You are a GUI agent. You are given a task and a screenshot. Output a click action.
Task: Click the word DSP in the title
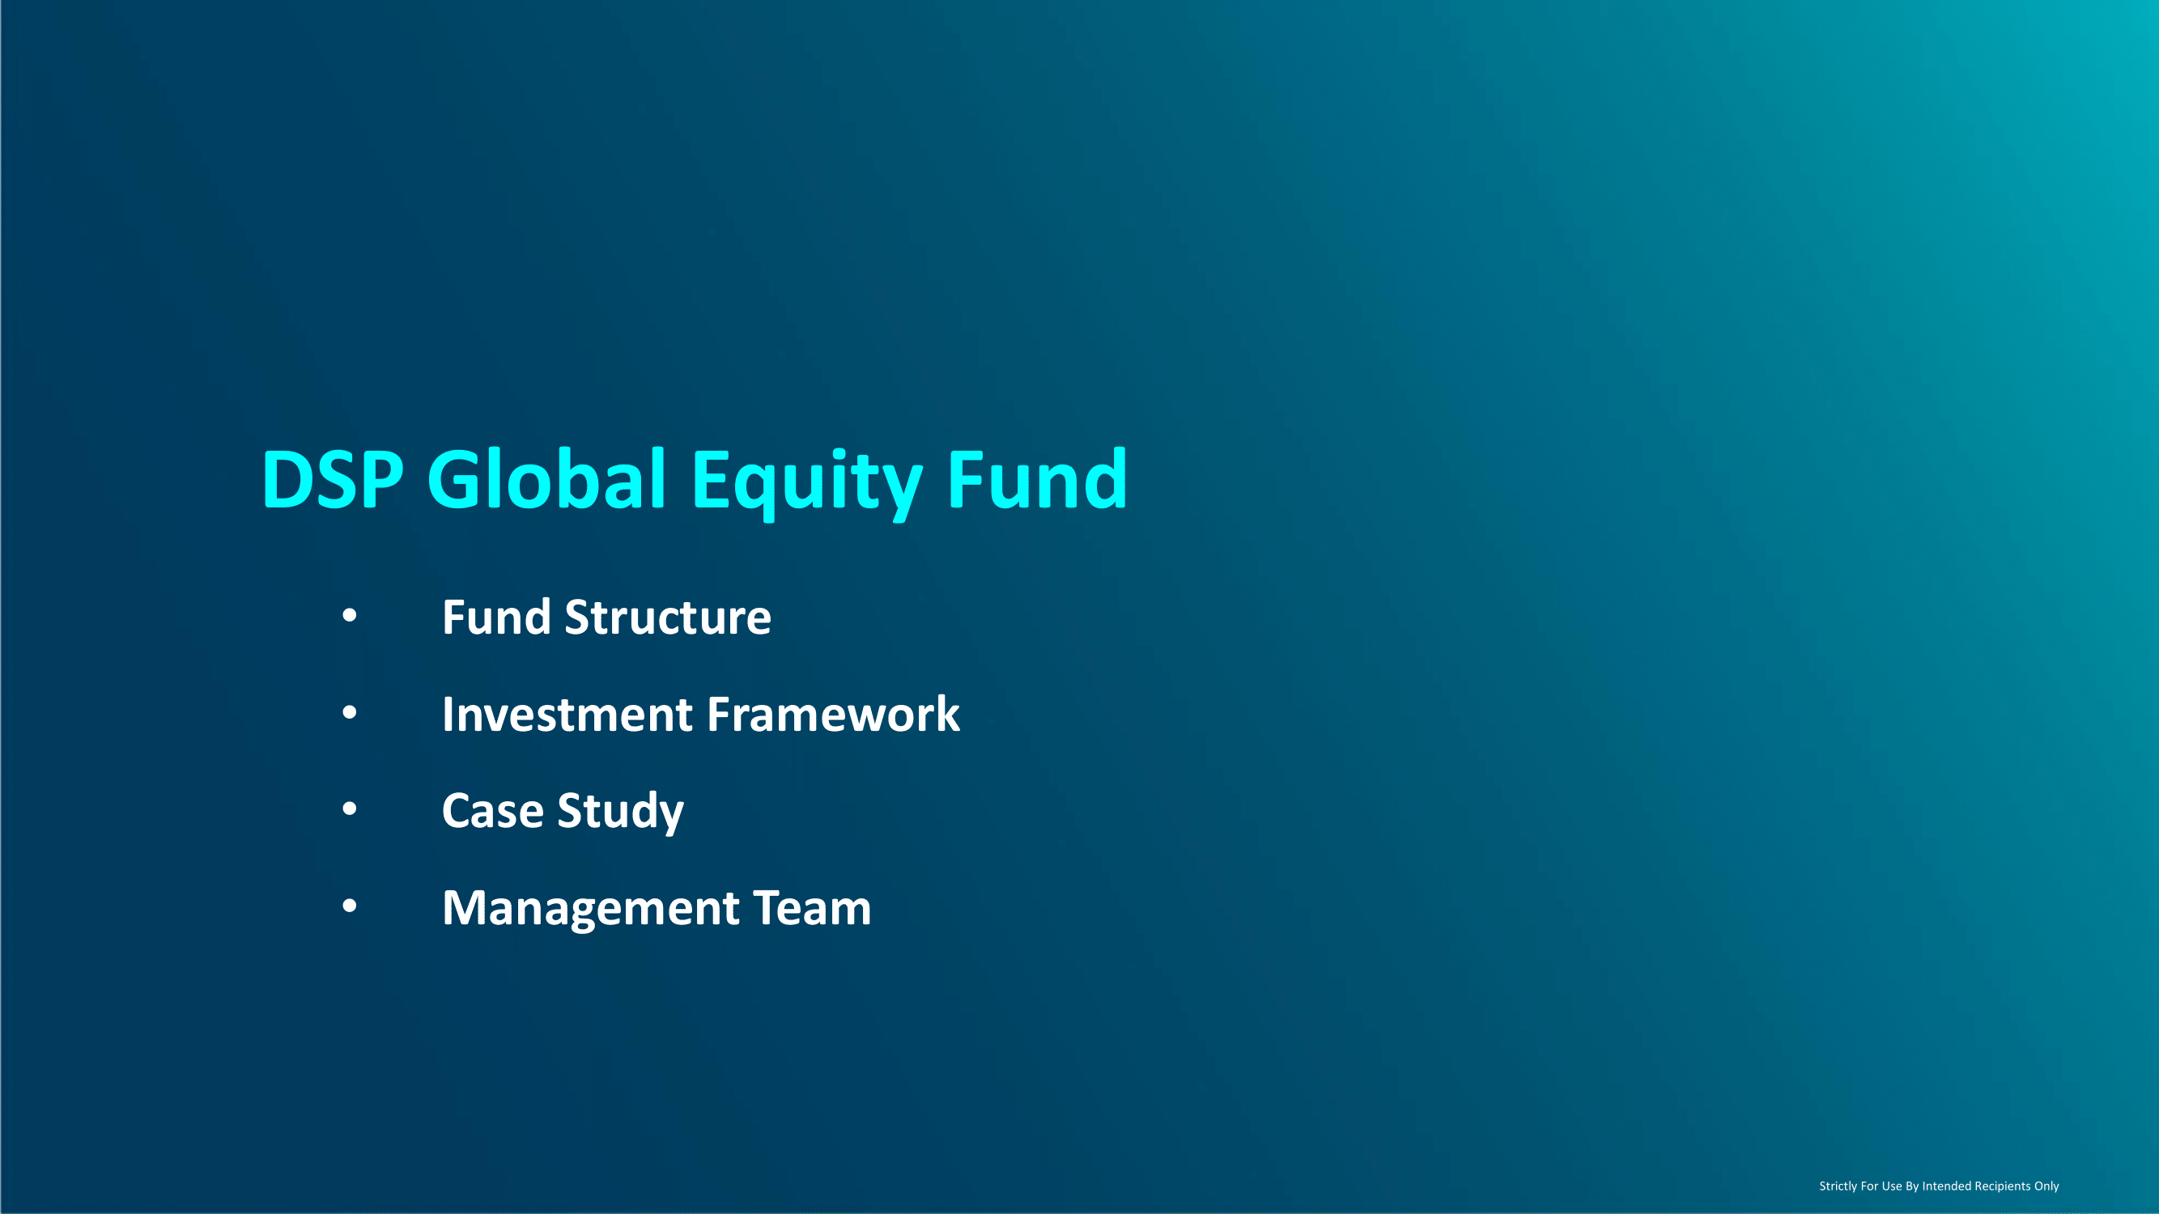[x=333, y=479]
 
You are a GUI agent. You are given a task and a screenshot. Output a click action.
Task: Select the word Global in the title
[x=546, y=478]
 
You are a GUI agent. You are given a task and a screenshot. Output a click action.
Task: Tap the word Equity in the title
[x=806, y=482]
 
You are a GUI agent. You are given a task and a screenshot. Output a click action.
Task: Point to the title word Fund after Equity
[x=1038, y=478]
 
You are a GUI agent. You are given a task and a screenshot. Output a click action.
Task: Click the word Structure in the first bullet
[x=668, y=618]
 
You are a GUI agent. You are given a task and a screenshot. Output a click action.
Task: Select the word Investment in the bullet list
[x=567, y=715]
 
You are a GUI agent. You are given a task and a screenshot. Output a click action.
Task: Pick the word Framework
[x=833, y=715]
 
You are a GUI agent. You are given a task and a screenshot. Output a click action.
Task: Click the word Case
[x=493, y=811]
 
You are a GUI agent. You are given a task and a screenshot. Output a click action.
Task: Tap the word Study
[x=621, y=813]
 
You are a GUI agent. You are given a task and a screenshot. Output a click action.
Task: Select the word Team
[x=812, y=908]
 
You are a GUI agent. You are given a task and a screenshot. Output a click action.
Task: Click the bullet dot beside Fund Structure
[x=350, y=617]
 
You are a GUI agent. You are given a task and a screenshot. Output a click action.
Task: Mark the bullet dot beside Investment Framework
[x=350, y=713]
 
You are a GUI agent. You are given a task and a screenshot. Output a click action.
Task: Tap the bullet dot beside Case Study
[x=350, y=809]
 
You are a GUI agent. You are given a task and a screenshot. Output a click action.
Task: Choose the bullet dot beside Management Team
[x=350, y=906]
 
